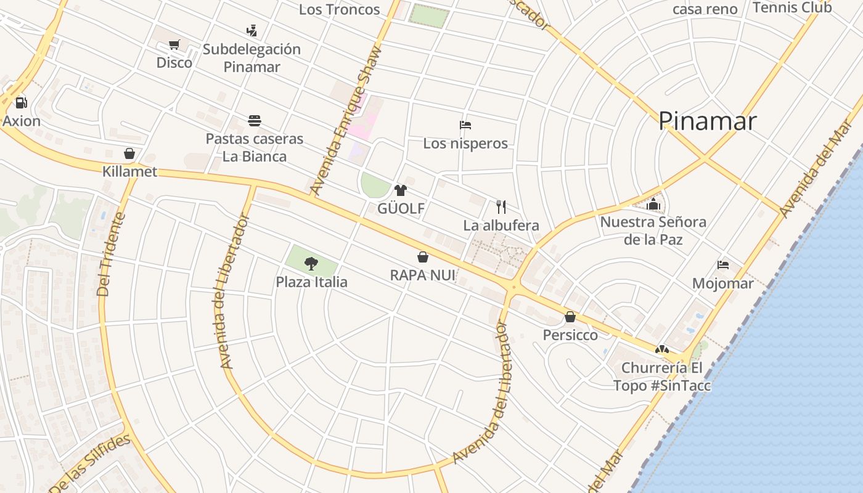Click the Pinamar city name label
click(x=707, y=121)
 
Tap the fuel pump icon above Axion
click(x=21, y=102)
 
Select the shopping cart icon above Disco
click(x=174, y=44)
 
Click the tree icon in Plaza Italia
click(x=311, y=264)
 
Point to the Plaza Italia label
click(x=311, y=282)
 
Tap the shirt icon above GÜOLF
click(x=401, y=190)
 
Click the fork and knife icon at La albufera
click(x=501, y=206)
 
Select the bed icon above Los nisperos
click(x=465, y=125)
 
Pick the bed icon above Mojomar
click(x=723, y=265)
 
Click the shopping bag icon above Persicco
click(x=570, y=317)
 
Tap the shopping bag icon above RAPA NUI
click(x=423, y=256)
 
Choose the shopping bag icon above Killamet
click(x=129, y=153)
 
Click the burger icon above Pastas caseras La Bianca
click(x=255, y=120)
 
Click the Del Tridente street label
click(x=112, y=254)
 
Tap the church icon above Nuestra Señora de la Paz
click(x=653, y=203)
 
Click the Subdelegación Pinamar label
click(x=252, y=58)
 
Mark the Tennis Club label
click(x=792, y=7)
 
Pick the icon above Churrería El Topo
click(x=662, y=349)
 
